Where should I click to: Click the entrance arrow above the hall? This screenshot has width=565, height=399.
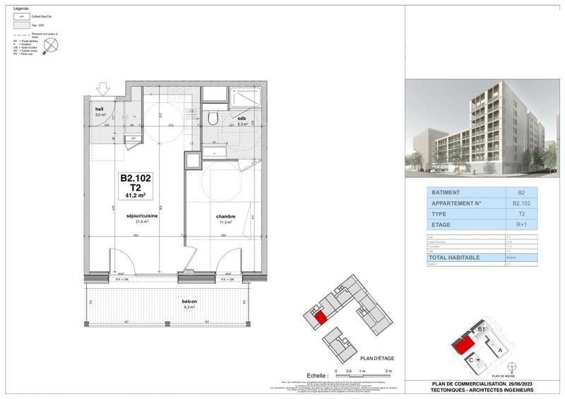click(x=103, y=88)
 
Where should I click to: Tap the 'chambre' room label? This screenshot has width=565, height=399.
click(x=226, y=217)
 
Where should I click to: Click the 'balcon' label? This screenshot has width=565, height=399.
click(x=189, y=302)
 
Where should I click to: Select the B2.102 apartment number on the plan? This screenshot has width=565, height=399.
click(x=136, y=179)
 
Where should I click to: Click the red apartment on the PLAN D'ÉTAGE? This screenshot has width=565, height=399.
click(x=320, y=317)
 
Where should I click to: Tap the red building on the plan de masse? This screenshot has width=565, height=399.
click(x=463, y=344)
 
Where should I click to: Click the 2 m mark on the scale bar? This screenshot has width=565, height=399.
click(x=388, y=370)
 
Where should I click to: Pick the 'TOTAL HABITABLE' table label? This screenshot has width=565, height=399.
click(x=456, y=258)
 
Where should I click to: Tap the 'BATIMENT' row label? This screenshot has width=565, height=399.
click(x=446, y=191)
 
